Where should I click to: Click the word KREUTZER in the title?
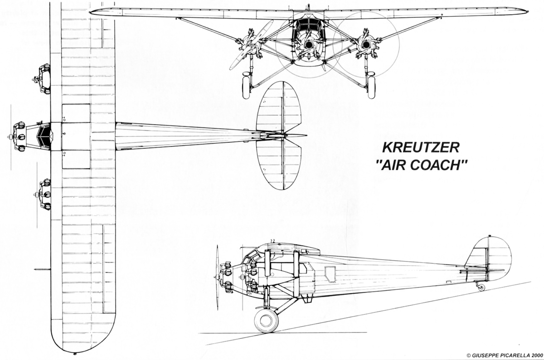pyautogui.click(x=421, y=148)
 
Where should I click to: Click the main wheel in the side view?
pyautogui.click(x=266, y=321)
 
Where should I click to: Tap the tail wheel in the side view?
pyautogui.click(x=481, y=287)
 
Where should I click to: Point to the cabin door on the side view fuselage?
pyautogui.click(x=330, y=274)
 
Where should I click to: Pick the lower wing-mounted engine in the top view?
pyautogui.click(x=43, y=194)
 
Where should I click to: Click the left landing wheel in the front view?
pyautogui.click(x=246, y=85)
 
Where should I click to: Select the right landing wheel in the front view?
pyautogui.click(x=371, y=85)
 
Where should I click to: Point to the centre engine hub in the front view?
pyautogui.click(x=309, y=45)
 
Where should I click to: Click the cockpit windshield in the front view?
pyautogui.click(x=308, y=25)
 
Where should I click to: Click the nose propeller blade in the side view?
pyautogui.click(x=218, y=277)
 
